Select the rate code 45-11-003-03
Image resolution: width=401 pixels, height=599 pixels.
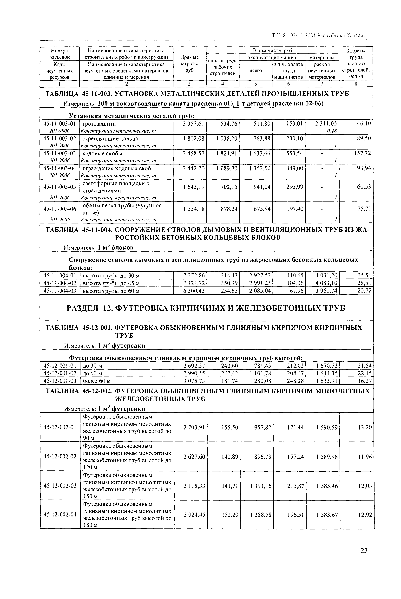point(60,153)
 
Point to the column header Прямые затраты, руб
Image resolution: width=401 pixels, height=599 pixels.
point(190,63)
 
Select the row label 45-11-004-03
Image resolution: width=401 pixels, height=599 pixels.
point(60,291)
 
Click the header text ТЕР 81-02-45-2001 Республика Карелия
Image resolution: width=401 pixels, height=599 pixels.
point(319,35)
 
